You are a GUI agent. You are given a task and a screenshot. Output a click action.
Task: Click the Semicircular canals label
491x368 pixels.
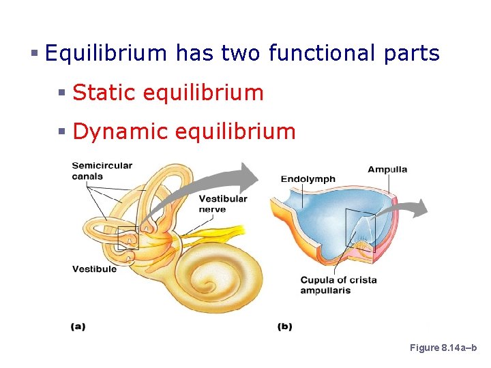point(102,171)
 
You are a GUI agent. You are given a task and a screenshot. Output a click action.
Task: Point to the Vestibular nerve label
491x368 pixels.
point(223,204)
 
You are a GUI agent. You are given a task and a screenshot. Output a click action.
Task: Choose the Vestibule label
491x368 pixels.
point(94,269)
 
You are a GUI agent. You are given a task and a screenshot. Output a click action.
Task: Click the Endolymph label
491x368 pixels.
point(308,179)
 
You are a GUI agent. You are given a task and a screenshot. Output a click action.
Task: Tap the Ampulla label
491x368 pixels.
point(387,169)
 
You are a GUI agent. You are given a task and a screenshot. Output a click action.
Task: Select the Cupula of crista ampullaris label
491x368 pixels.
point(338,285)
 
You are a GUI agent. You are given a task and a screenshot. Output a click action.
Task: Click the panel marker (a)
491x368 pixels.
point(78,326)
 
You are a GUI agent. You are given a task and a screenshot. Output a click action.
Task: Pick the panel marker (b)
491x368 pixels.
point(284,326)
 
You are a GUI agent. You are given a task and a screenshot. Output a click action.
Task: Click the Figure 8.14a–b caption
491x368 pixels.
point(444,348)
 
